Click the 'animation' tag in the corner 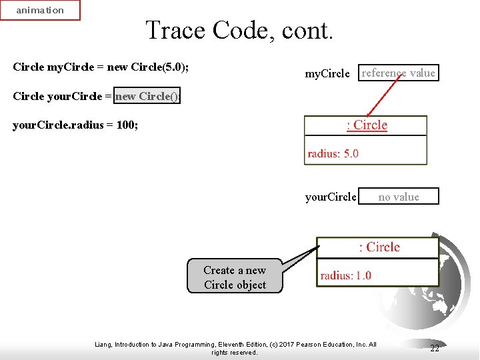40,10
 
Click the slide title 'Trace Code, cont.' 239,30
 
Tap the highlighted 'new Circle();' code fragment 147,96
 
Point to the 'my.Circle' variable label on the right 327,74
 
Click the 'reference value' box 398,73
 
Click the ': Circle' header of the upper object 366,125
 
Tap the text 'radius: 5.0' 333,153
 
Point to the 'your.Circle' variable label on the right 330,197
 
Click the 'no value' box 399,197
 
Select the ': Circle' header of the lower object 378,247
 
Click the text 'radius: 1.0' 345,275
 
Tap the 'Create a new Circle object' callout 235,277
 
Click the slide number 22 435,348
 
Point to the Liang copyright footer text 235,348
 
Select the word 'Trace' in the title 175,30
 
